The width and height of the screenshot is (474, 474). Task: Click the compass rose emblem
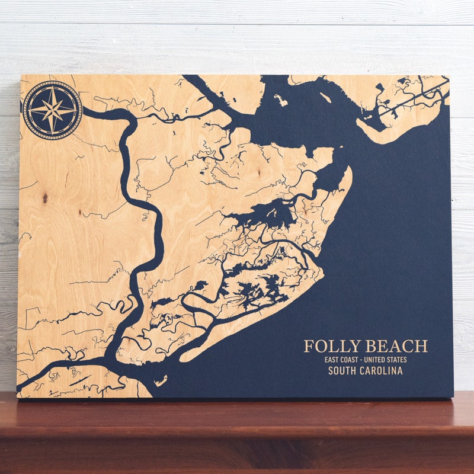(53, 110)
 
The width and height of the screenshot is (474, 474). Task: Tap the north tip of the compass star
(53, 89)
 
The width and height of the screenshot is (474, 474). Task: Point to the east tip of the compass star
(75, 110)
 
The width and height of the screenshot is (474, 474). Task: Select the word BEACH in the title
(396, 347)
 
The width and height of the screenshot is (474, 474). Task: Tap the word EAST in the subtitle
(332, 360)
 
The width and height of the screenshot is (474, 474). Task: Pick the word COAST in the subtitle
(353, 360)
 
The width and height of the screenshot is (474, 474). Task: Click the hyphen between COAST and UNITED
(367, 360)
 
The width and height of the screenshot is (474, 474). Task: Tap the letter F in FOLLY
(309, 347)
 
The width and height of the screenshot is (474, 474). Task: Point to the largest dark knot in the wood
(45, 198)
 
